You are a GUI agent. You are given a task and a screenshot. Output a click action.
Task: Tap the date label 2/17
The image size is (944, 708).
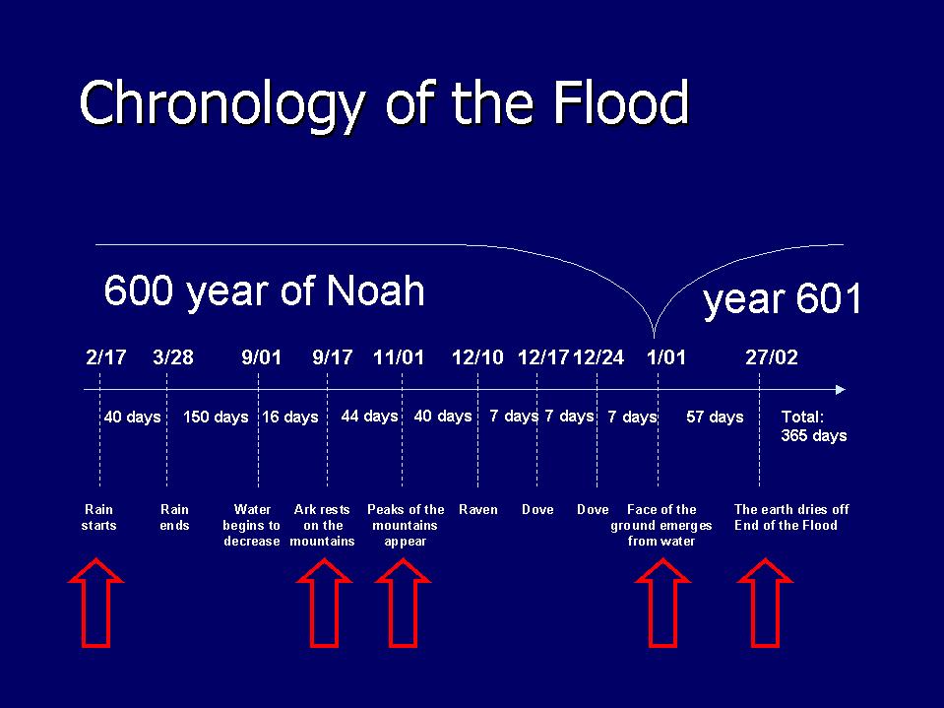[x=105, y=357]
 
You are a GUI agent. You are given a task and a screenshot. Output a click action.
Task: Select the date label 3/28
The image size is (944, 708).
[x=173, y=357]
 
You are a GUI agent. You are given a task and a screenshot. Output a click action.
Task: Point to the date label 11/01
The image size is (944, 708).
[x=399, y=357]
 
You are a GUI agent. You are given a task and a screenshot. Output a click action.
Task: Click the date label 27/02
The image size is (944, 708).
[x=772, y=357]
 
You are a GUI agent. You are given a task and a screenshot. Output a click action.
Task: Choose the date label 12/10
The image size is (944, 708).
[x=477, y=357]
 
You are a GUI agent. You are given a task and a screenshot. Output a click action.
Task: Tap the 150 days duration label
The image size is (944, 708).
[x=216, y=417]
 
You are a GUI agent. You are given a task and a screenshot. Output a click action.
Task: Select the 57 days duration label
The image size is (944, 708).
[x=715, y=417]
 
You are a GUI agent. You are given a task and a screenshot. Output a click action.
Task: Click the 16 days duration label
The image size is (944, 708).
[x=290, y=417]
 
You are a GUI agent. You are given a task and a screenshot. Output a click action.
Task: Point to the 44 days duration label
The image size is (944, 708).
[x=369, y=416]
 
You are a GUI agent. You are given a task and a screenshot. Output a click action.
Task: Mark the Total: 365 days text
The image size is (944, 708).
[x=813, y=425]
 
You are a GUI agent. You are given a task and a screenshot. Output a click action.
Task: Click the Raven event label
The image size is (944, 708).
[x=478, y=509]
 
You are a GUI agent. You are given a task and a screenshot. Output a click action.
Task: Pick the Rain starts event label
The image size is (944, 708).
[x=98, y=517]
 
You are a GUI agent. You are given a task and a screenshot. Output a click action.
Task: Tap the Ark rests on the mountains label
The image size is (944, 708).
[x=322, y=525]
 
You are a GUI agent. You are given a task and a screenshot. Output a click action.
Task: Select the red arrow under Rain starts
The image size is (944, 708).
[x=95, y=603]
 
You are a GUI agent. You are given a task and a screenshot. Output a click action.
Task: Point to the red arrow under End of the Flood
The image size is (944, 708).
[x=765, y=603]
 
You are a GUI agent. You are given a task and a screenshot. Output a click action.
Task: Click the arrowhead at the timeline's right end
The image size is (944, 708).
[x=840, y=389]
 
